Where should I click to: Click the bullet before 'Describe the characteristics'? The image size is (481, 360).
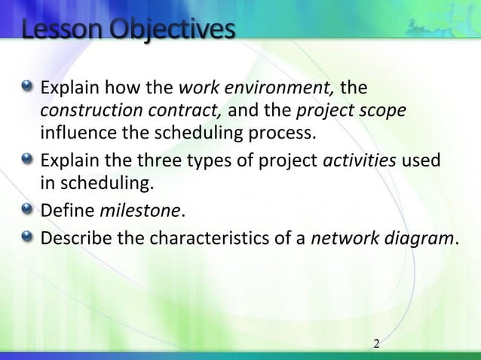29,238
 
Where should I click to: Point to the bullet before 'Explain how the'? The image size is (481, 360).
29,89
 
